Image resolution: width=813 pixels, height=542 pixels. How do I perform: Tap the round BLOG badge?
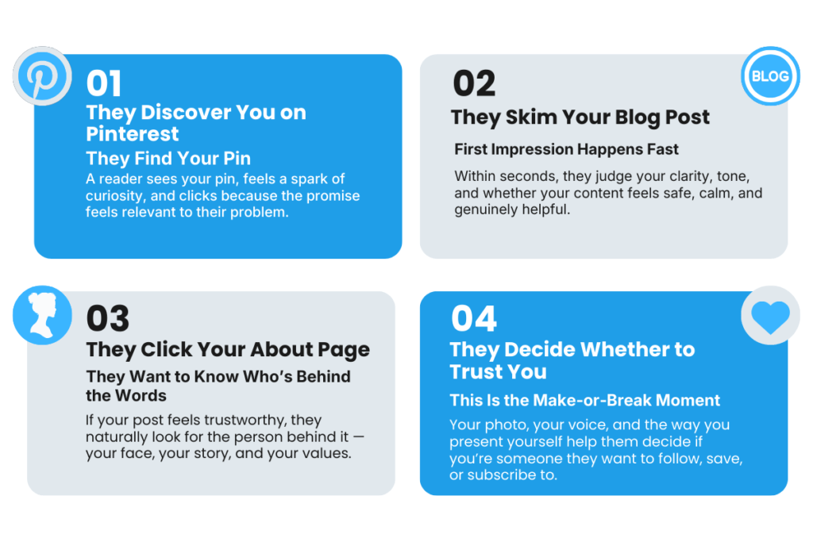tap(769, 76)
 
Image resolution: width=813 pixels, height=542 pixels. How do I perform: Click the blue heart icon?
tap(769, 316)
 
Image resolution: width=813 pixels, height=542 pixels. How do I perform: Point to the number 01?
tap(104, 83)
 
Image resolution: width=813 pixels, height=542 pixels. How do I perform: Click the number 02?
tap(473, 83)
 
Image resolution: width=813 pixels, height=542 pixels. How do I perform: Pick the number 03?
tap(107, 319)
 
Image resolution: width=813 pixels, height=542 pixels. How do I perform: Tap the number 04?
tap(473, 319)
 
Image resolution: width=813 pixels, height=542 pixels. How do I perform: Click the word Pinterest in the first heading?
tap(133, 133)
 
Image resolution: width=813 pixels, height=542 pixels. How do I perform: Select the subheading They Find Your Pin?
tap(168, 158)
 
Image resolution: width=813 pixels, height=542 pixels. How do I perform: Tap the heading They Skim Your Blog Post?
tap(580, 117)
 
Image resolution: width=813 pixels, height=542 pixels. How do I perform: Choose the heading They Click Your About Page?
tap(228, 350)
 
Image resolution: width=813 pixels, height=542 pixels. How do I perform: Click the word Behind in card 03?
tap(327, 376)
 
